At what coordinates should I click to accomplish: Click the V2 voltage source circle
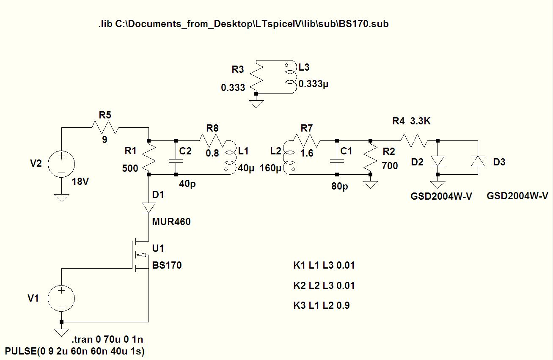pyautogui.click(x=61, y=164)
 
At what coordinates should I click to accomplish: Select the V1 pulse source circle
pyautogui.click(x=61, y=298)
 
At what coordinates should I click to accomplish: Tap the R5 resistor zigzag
pyautogui.click(x=105, y=127)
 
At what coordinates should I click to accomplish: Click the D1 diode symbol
pyautogui.click(x=149, y=208)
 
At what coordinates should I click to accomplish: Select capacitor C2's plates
pyautogui.click(x=176, y=161)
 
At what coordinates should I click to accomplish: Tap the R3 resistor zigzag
pyautogui.click(x=256, y=77)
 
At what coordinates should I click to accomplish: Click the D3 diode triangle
pyautogui.click(x=478, y=161)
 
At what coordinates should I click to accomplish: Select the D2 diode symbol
pyautogui.click(x=438, y=161)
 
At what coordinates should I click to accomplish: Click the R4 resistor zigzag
pyautogui.click(x=414, y=141)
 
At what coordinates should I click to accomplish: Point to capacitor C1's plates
pyautogui.click(x=337, y=161)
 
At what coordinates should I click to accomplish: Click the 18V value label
pyautogui.click(x=80, y=182)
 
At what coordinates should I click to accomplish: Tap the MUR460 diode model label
pyautogui.click(x=171, y=222)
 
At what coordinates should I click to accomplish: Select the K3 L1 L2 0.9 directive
pyautogui.click(x=322, y=306)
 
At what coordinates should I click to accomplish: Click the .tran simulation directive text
pyautogui.click(x=107, y=340)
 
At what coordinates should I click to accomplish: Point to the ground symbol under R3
pyautogui.click(x=256, y=104)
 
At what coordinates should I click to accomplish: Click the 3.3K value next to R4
pyautogui.click(x=420, y=121)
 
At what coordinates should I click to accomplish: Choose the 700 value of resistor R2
pyautogui.click(x=390, y=166)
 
